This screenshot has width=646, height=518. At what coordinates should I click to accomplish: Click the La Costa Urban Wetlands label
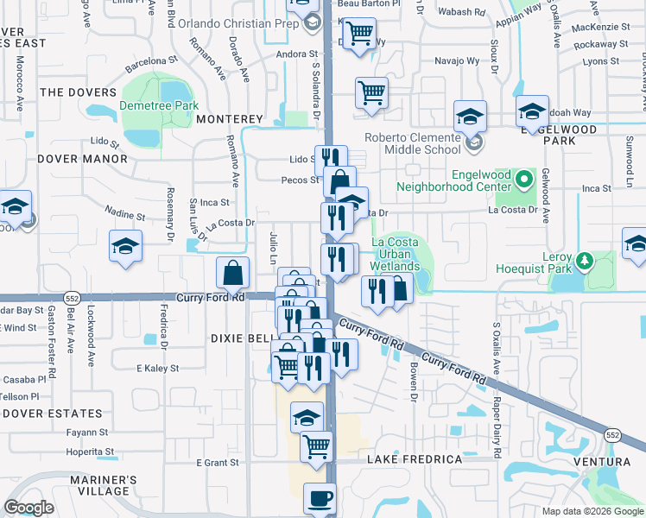396,255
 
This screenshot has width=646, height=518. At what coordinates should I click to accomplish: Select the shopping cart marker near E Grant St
317,446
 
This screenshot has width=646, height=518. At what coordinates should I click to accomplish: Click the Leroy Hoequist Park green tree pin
585,259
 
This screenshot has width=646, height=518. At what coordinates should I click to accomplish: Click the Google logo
29,507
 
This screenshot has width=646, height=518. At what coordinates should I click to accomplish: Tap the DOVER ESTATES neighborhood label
52,414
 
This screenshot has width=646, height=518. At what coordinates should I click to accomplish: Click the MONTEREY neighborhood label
229,118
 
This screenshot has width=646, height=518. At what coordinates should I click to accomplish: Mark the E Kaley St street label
156,369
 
